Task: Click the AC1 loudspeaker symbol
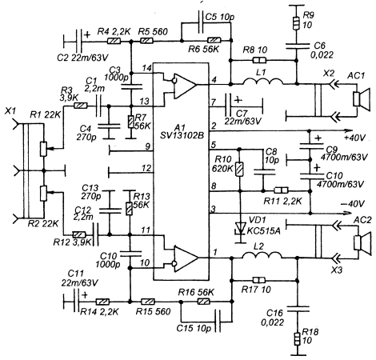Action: point(362,99)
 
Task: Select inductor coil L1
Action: point(263,82)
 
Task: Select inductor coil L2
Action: point(262,255)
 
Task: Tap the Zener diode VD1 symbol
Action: point(240,228)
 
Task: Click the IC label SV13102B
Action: point(182,136)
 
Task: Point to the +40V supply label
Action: point(354,138)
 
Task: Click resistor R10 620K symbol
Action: point(239,169)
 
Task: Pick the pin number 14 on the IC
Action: point(146,68)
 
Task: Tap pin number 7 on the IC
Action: point(214,102)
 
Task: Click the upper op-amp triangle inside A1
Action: point(185,86)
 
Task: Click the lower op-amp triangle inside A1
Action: point(186,258)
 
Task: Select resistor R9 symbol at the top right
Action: point(296,23)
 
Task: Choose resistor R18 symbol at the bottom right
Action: point(298,339)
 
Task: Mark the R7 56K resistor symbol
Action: point(130,122)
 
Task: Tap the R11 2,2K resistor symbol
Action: point(282,190)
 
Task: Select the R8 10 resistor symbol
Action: point(259,61)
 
